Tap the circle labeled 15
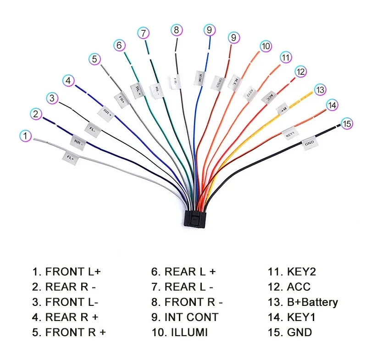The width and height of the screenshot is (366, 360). [347, 123]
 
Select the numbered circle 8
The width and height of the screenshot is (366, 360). [177, 30]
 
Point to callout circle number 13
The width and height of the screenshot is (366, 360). [320, 89]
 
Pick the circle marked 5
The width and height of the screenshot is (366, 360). [94, 59]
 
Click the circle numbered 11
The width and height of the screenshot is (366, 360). [286, 57]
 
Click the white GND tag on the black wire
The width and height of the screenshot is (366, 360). [310, 143]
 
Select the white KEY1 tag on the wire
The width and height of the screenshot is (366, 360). [290, 134]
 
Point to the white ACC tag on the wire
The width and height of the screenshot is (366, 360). [269, 97]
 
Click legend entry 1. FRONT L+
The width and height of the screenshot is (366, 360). [66, 271]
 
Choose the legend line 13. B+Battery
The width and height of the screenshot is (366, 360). [303, 302]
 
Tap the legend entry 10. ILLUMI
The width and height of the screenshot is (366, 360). [179, 332]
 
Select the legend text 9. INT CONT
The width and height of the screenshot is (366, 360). [185, 317]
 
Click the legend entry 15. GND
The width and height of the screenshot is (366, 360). [290, 332]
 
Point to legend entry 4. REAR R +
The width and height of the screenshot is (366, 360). [65, 317]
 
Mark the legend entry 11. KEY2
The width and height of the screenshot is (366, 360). [292, 271]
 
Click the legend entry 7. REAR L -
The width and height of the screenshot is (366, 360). [183, 287]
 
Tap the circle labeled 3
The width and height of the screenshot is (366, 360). [52, 98]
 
